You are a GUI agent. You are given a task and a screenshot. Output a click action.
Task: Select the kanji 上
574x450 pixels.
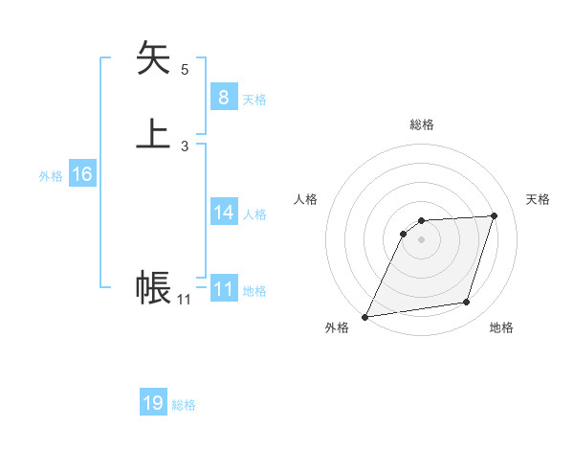154,133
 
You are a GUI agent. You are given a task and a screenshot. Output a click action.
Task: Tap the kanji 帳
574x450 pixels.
153,286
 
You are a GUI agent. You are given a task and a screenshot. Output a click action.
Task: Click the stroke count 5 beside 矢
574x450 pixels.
185,70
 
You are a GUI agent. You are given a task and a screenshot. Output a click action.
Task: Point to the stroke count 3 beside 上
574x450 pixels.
185,146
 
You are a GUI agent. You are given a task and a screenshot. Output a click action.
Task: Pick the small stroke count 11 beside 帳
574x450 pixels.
184,300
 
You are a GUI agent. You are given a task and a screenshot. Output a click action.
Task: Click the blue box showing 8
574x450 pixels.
223,97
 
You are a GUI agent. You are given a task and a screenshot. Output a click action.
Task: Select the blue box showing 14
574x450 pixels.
223,212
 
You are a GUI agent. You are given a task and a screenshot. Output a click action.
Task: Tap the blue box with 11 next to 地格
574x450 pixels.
224,288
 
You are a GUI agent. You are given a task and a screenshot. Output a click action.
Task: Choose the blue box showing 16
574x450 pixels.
82,174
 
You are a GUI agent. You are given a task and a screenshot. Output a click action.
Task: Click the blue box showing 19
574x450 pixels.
153,403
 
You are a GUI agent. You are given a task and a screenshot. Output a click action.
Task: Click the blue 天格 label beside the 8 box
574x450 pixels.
254,100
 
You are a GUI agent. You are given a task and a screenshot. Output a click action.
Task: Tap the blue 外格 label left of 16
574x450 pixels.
51,177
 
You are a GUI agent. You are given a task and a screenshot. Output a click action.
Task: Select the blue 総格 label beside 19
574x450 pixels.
185,406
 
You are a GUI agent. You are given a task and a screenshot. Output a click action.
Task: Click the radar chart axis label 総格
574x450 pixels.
422,124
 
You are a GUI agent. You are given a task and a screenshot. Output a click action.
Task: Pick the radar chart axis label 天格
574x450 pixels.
538,199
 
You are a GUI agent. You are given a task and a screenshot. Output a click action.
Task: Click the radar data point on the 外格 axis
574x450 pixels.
365,317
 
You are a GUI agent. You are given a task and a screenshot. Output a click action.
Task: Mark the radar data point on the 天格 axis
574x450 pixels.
495,216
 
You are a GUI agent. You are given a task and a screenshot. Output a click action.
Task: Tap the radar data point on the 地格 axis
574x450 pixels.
467,303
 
